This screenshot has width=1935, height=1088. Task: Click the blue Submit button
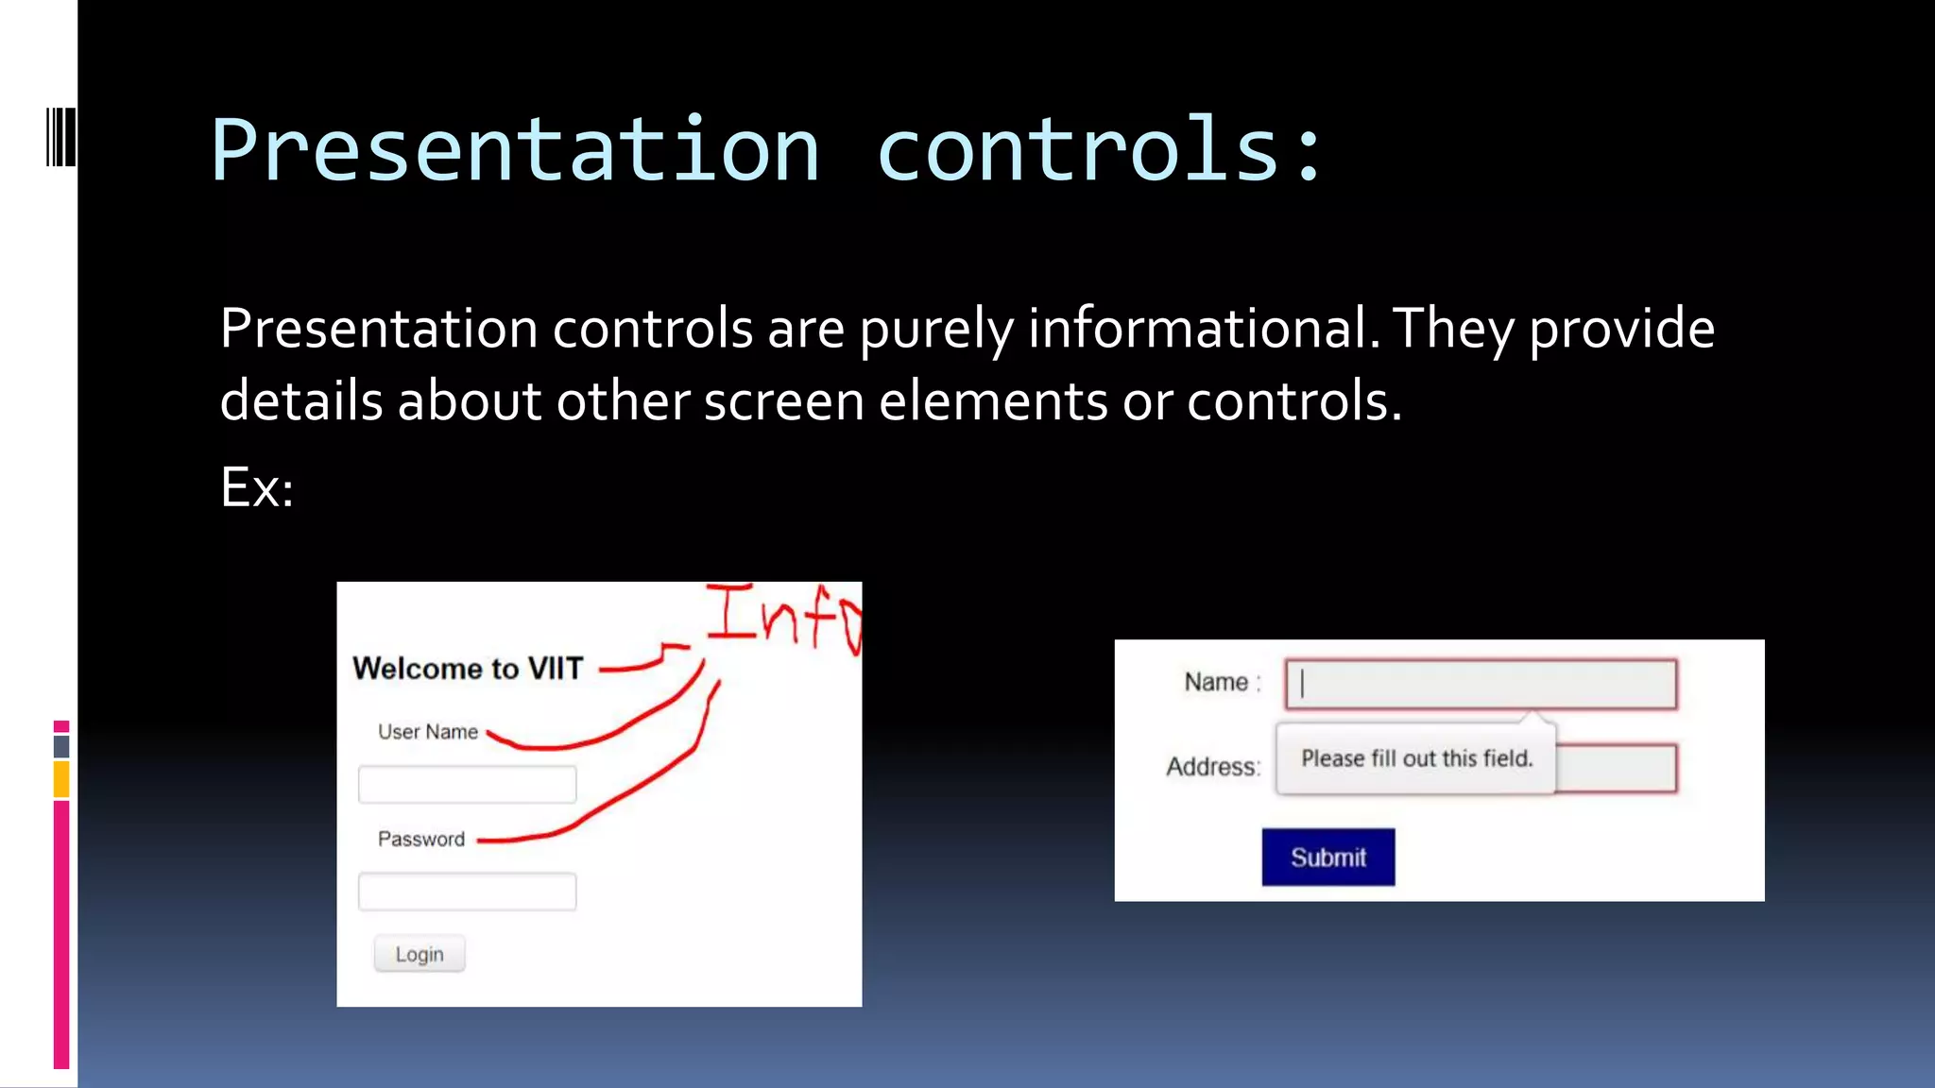(x=1327, y=857)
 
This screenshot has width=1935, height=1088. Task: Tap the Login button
(x=419, y=954)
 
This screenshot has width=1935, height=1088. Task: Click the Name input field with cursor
(x=1481, y=684)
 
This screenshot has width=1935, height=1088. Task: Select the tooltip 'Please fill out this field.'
(x=1415, y=758)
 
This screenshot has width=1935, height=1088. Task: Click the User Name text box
(x=467, y=784)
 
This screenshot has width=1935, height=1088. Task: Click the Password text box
(x=467, y=891)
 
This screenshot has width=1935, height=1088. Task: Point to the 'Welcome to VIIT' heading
(x=468, y=669)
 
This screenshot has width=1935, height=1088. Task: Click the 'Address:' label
(x=1213, y=766)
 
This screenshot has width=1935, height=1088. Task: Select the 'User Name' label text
(x=427, y=732)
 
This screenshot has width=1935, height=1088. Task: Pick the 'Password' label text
(x=421, y=839)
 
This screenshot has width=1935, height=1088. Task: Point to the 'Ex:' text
(x=256, y=487)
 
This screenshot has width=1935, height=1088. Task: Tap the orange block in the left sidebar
(x=61, y=780)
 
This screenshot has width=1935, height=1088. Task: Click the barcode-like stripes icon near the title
(x=61, y=138)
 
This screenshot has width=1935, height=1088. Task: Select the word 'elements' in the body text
(x=993, y=400)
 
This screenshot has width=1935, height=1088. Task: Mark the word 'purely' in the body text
(x=936, y=329)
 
